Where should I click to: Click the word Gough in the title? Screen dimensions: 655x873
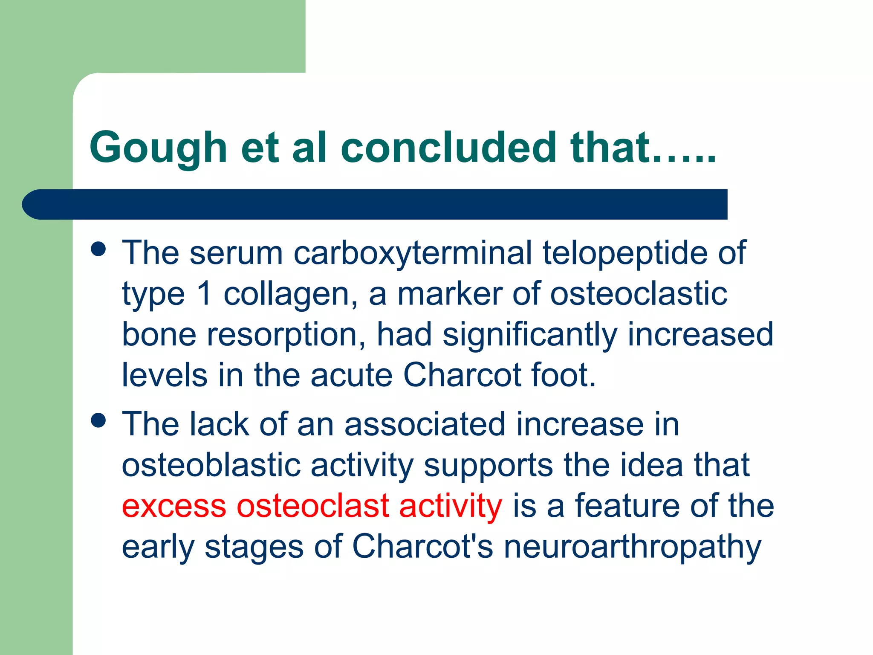(x=158, y=148)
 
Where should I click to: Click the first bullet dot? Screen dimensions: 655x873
(x=98, y=249)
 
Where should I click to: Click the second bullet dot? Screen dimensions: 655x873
(x=98, y=420)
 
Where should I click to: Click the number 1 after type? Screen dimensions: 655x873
(x=205, y=294)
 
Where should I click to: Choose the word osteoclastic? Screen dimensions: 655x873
(x=638, y=294)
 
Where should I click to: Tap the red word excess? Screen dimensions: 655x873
(x=174, y=506)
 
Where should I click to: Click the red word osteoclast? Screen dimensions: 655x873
(x=313, y=506)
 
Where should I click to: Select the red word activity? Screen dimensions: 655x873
(x=451, y=506)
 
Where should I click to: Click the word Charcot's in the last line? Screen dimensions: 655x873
(x=422, y=547)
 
